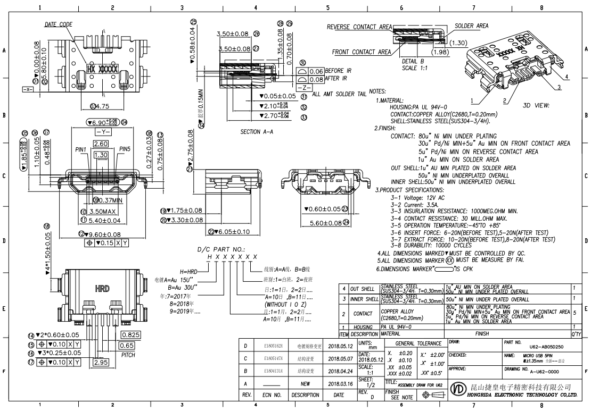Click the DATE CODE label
click(58, 24)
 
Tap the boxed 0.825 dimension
click(131, 335)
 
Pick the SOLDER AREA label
click(471, 26)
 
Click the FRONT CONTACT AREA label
click(361, 52)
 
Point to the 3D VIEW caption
click(535, 105)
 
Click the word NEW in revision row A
click(305, 383)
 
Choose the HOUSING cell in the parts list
click(363, 326)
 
